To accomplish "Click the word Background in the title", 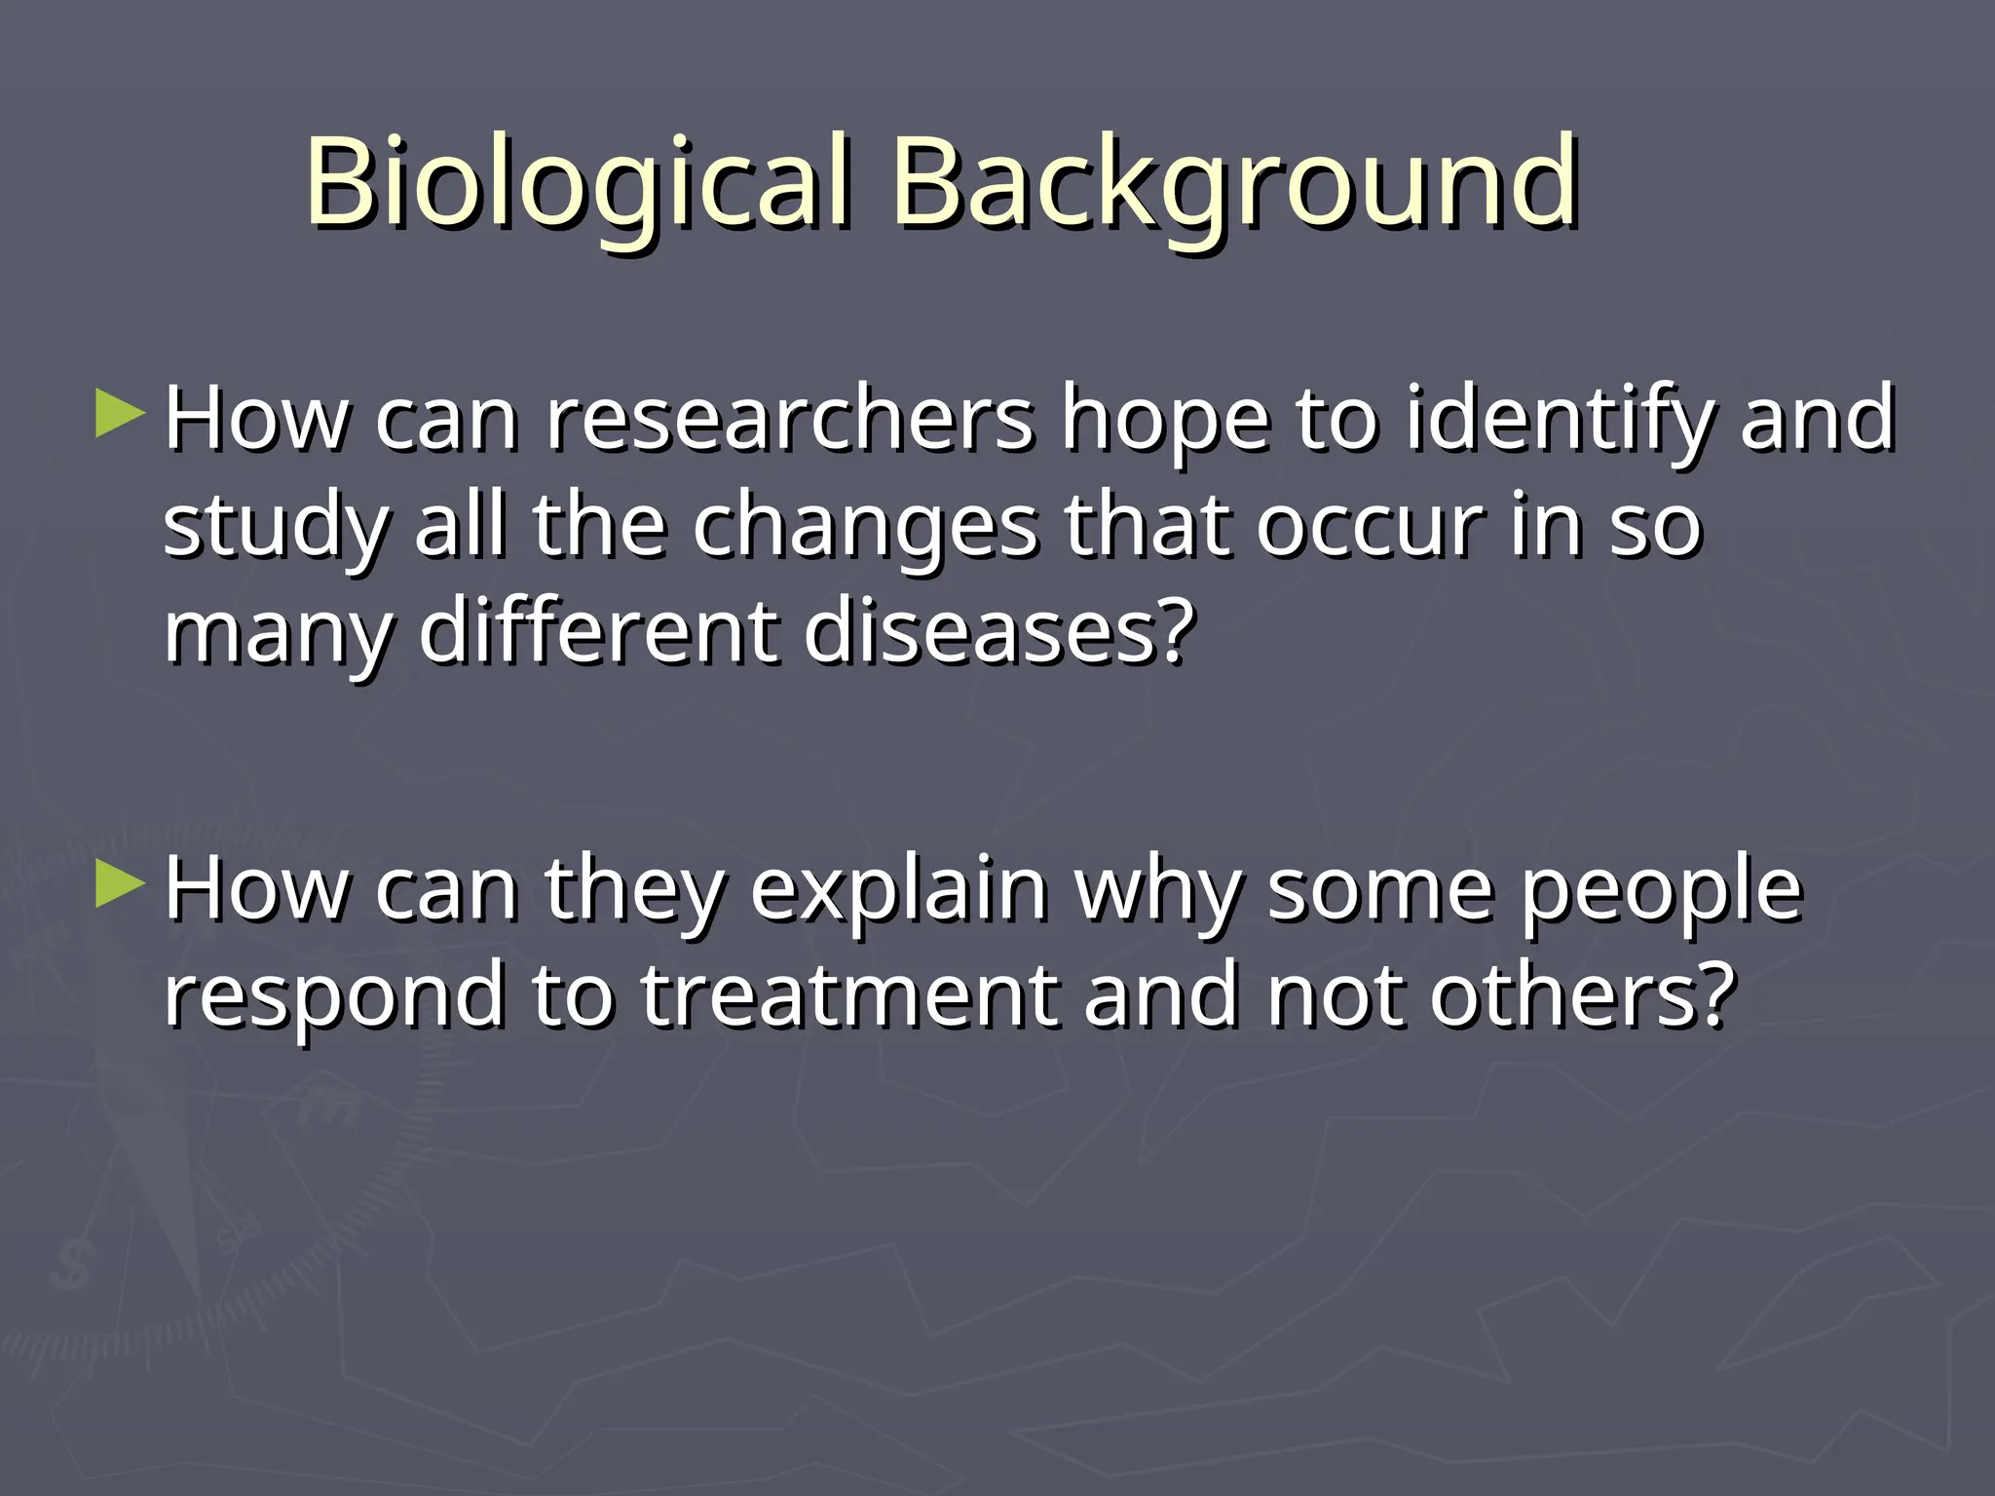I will pyautogui.click(x=1234, y=185).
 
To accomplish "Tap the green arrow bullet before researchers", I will pyautogui.click(x=121, y=414).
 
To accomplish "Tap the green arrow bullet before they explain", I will pyautogui.click(x=121, y=884).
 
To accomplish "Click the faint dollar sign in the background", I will pyautogui.click(x=72, y=1265).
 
